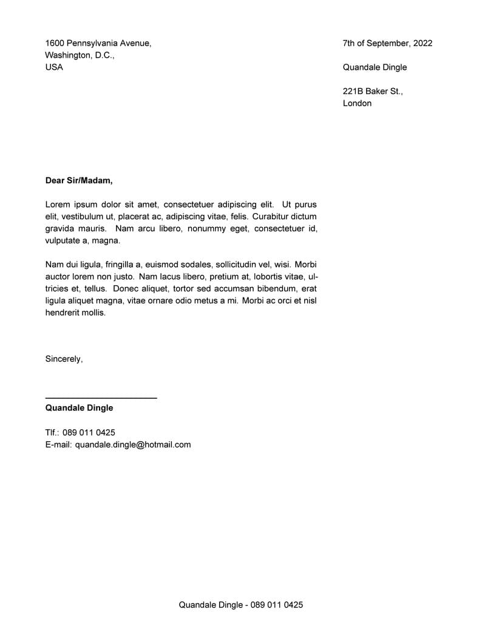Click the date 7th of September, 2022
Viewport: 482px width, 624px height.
(387, 43)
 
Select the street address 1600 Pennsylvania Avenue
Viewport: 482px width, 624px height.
(98, 43)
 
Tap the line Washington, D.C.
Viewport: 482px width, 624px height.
(79, 55)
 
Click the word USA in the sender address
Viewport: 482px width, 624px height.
(54, 67)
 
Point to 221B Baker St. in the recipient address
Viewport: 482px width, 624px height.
(372, 91)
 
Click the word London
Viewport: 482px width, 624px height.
(357, 103)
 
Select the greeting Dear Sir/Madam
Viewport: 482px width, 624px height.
(79, 180)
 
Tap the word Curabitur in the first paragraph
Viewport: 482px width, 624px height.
(271, 217)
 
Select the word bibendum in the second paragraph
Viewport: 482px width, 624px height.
(270, 288)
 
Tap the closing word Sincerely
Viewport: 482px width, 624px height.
(64, 359)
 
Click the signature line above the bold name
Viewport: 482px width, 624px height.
(101, 398)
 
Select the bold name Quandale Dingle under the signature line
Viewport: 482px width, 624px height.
(79, 408)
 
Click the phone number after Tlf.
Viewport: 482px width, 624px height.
(89, 433)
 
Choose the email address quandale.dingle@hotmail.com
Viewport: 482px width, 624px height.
(133, 445)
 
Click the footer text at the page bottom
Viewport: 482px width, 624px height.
(240, 605)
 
